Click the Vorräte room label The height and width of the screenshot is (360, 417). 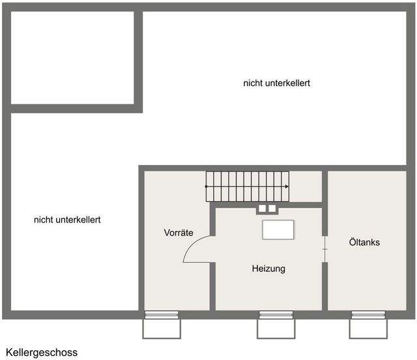(x=179, y=233)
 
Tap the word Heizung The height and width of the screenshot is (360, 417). (x=268, y=269)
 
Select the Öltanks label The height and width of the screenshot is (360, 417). (x=364, y=242)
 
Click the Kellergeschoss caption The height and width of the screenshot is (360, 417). (x=42, y=353)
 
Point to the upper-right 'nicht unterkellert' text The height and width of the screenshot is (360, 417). (x=276, y=83)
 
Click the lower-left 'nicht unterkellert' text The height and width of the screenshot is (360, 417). (x=67, y=220)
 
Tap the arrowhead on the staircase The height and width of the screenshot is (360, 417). (x=287, y=187)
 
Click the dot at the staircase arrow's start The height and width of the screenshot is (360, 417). (x=207, y=187)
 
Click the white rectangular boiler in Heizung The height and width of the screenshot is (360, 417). (x=278, y=230)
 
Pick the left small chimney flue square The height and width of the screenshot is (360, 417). (x=262, y=209)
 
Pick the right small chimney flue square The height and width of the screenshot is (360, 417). (x=272, y=209)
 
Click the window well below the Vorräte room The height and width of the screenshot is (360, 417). (x=162, y=329)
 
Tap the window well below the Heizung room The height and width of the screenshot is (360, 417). (x=276, y=329)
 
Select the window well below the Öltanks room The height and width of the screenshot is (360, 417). (x=368, y=329)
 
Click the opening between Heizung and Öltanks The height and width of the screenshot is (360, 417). (x=324, y=249)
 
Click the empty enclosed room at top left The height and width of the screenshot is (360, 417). (x=72, y=58)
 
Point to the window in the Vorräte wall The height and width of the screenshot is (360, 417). (x=162, y=315)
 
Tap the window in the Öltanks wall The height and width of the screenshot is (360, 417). (x=368, y=315)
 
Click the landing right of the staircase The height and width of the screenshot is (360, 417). (x=306, y=187)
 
